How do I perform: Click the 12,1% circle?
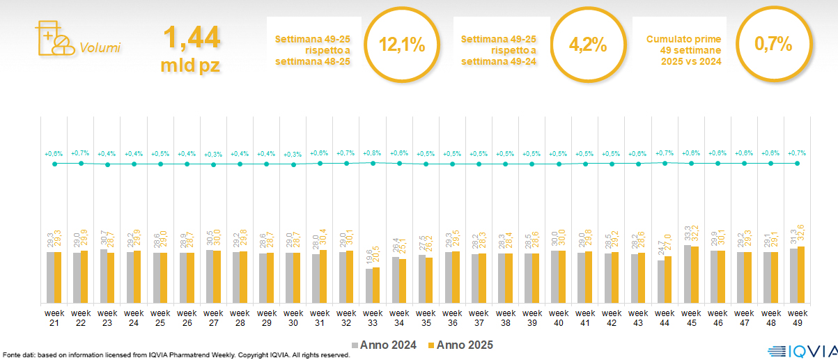[402, 45]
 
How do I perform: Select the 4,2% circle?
[588, 45]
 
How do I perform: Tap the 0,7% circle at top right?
[773, 45]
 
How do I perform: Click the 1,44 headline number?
[191, 38]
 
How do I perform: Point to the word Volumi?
[100, 48]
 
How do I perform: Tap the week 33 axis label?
[373, 317]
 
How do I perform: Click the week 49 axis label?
[797, 317]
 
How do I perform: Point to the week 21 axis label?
[54, 317]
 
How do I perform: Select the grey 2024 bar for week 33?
[369, 285]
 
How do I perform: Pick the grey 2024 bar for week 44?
[661, 281]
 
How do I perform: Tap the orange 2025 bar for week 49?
[801, 274]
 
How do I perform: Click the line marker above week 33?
[373, 163]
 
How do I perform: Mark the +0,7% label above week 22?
[81, 152]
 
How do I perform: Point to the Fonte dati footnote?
[174, 355]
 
